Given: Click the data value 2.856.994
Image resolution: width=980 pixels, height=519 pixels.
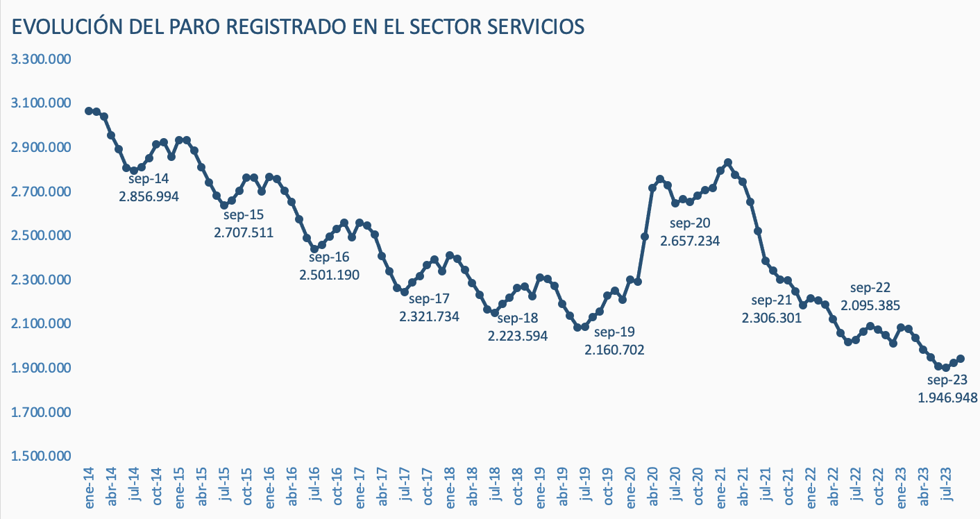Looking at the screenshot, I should pyautogui.click(x=149, y=196).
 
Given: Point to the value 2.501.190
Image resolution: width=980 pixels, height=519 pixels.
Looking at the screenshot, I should pyautogui.click(x=329, y=275).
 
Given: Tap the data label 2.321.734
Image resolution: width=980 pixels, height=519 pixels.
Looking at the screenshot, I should pyautogui.click(x=429, y=316).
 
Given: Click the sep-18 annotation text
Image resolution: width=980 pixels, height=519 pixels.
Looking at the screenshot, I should pyautogui.click(x=518, y=318).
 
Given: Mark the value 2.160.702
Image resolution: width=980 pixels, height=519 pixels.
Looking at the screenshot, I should pyautogui.click(x=614, y=350).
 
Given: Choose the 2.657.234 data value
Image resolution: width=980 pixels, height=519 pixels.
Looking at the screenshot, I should pyautogui.click(x=690, y=241).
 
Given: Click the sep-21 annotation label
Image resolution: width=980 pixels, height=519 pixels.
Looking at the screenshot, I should pyautogui.click(x=772, y=300).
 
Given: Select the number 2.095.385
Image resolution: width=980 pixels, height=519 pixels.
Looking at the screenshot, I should pyautogui.click(x=870, y=305).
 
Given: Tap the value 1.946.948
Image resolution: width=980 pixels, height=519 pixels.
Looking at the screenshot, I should pyautogui.click(x=947, y=398).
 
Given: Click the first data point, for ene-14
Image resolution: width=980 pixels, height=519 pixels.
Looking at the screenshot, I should pyautogui.click(x=89, y=111).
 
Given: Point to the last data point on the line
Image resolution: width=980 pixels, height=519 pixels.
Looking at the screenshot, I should pyautogui.click(x=961, y=359).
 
